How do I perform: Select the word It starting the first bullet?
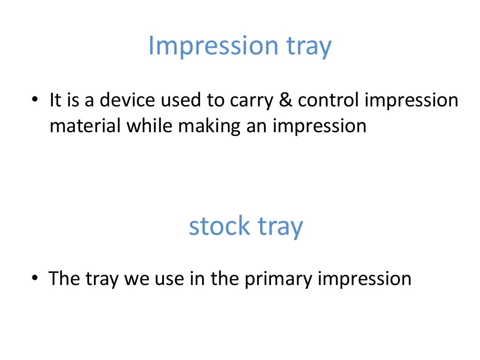(55, 100)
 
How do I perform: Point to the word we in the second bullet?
(133, 279)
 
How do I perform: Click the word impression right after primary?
(365, 279)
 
